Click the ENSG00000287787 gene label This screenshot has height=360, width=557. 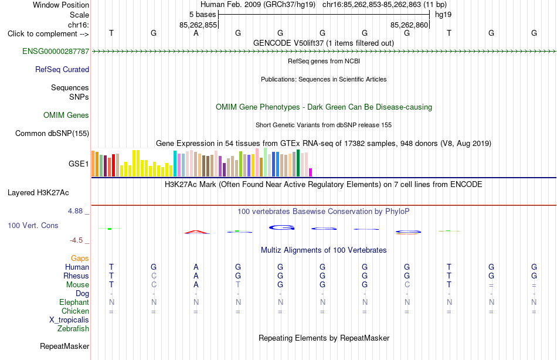tap(56, 51)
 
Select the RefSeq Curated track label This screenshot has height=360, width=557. tap(62, 69)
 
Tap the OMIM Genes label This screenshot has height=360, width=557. tap(66, 115)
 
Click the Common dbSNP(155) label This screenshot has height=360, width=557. tap(52, 133)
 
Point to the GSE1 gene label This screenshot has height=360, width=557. tap(79, 164)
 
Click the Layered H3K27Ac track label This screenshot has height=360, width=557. tap(38, 193)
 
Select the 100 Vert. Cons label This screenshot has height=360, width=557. tap(33, 225)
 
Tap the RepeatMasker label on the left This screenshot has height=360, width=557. tap(64, 346)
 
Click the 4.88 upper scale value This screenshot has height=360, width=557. tap(75, 210)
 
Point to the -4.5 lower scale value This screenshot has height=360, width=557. tap(76, 240)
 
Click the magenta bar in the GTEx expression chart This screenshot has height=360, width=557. tap(311, 172)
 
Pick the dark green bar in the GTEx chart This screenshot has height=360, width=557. tap(298, 163)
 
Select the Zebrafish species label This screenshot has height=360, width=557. tap(73, 329)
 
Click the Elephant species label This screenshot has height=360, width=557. tap(74, 302)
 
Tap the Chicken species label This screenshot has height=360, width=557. tap(75, 311)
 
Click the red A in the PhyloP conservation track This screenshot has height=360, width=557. tap(196, 232)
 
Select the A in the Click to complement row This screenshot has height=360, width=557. tap(196, 33)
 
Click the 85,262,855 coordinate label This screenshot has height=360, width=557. tap(198, 25)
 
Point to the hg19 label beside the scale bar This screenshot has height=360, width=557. tap(443, 15)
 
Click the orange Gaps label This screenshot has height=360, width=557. tap(80, 259)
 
